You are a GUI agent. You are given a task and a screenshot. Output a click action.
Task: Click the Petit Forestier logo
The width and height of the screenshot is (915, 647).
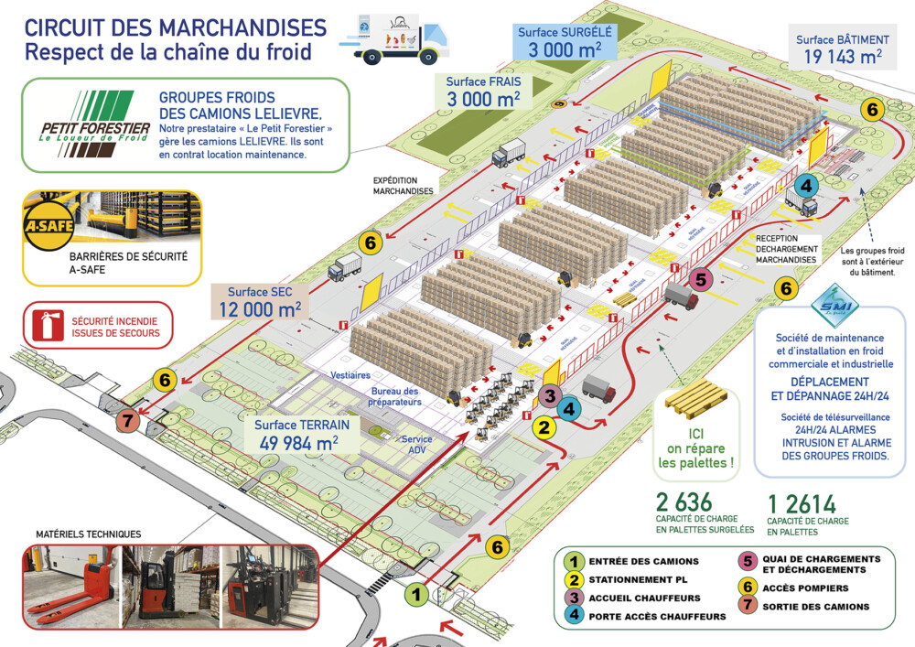(87, 124)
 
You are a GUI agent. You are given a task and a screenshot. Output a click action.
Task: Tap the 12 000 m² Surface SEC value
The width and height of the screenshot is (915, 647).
(258, 309)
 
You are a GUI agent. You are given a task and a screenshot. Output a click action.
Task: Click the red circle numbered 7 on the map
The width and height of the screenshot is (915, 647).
(128, 422)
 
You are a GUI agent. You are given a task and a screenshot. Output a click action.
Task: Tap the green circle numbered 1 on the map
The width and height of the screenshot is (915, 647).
(416, 594)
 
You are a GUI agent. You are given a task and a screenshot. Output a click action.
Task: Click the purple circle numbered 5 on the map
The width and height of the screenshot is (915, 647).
(700, 279)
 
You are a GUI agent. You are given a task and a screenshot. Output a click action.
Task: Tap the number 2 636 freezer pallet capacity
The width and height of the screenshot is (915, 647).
(684, 503)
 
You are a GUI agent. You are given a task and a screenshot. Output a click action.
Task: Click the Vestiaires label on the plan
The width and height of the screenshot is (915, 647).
(339, 375)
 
